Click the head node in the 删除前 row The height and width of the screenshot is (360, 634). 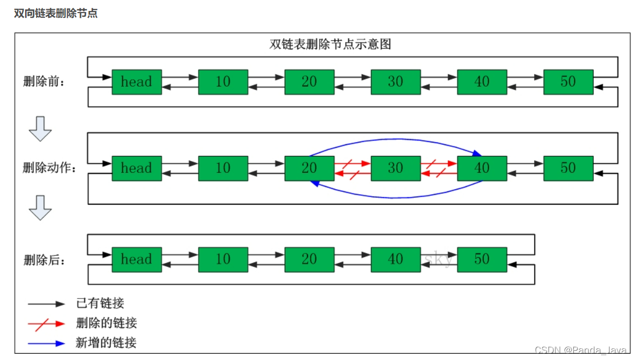(x=136, y=82)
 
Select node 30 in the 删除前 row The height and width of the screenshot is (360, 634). (x=396, y=82)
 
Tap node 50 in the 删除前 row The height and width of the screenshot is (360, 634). (x=568, y=82)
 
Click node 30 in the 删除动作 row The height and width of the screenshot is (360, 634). (x=396, y=168)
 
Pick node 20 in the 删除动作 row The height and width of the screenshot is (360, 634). (x=309, y=168)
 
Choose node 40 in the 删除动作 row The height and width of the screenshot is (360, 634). (x=482, y=168)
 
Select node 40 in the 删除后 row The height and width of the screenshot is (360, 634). (x=396, y=260)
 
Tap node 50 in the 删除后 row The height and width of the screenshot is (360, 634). (x=482, y=260)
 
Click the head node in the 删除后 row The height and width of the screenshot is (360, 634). (x=136, y=260)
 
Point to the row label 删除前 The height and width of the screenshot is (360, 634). (x=45, y=82)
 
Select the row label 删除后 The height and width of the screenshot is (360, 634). (x=45, y=260)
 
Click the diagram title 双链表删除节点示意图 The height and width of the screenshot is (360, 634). (x=330, y=44)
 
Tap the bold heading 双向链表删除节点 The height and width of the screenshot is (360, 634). (x=56, y=14)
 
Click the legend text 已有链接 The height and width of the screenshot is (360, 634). (x=100, y=303)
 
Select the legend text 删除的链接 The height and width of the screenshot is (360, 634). (x=107, y=323)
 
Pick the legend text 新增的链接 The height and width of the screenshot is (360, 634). (x=107, y=343)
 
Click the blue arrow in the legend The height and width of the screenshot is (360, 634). (x=47, y=343)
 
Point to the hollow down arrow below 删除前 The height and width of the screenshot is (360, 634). (x=40, y=129)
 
